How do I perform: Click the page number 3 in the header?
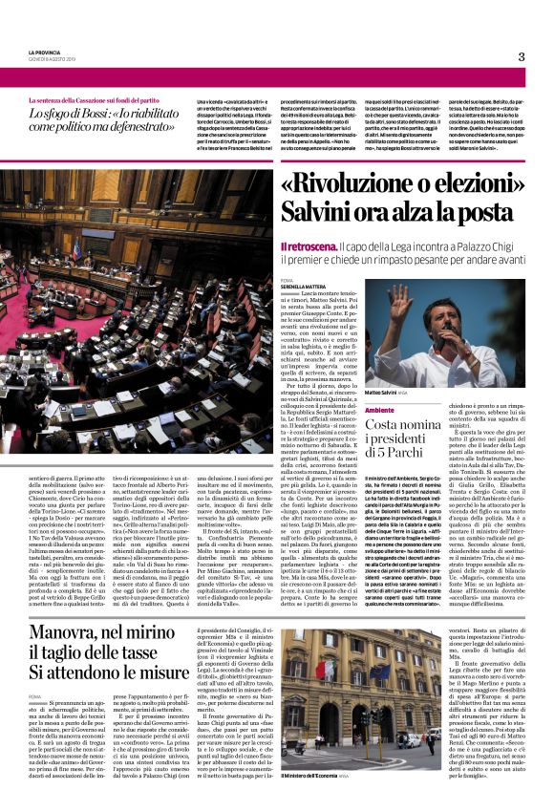pyautogui.click(x=522, y=56)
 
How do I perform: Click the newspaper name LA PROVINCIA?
pyautogui.click(x=46, y=52)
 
